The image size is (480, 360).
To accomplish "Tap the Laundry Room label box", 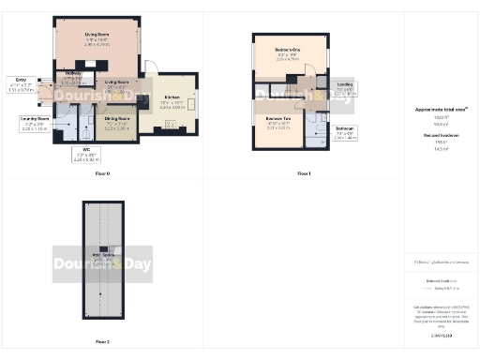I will (x=35, y=122).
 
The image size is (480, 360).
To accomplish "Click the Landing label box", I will (x=345, y=89).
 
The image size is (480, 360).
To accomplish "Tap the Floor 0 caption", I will (x=102, y=173).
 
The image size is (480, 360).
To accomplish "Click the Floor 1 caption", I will (x=303, y=173).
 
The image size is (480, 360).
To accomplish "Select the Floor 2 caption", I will (x=102, y=341).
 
